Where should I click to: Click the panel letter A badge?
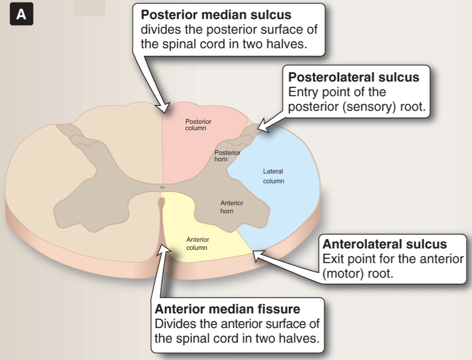[21, 14]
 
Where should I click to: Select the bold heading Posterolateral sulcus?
[354, 78]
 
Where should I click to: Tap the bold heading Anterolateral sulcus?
[384, 244]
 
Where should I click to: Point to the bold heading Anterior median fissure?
[228, 309]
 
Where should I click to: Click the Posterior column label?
[198, 124]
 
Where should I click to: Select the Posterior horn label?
[228, 155]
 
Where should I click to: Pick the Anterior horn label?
[232, 207]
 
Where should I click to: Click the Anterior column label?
[198, 243]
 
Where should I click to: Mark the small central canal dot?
[162, 187]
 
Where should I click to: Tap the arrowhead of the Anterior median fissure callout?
[163, 245]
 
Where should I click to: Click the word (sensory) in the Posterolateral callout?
[363, 107]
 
